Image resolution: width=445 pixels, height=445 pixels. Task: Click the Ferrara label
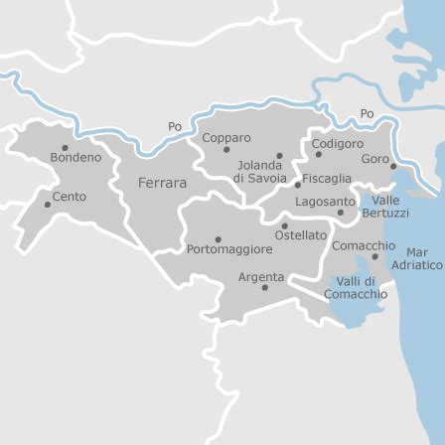[x=161, y=184]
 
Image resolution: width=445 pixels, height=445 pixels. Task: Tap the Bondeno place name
[x=75, y=157]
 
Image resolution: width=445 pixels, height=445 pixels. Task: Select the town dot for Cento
[x=48, y=204]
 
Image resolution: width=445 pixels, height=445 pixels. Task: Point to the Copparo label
[x=226, y=138]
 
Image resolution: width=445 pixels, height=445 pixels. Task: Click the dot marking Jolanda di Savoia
[x=279, y=155]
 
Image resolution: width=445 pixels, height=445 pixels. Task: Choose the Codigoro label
[x=338, y=142]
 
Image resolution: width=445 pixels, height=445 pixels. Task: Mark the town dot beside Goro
[x=393, y=166]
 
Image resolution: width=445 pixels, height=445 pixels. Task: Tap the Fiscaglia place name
[x=327, y=179]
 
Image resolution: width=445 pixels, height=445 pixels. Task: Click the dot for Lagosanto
[x=341, y=212]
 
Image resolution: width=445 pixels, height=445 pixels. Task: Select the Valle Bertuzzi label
[x=384, y=207]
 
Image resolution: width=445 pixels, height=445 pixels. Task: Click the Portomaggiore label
[x=229, y=248]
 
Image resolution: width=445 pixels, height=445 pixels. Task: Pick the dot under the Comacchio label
[x=374, y=256]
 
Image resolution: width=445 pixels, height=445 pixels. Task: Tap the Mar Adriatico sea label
[x=417, y=258]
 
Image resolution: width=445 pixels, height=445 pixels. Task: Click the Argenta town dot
[x=264, y=288]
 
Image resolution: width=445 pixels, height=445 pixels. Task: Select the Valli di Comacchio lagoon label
[x=356, y=288]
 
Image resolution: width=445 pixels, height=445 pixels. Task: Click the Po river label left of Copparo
[x=176, y=126]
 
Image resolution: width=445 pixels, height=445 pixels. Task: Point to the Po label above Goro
[x=368, y=114]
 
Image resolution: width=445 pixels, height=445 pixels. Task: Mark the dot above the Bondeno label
[x=66, y=147]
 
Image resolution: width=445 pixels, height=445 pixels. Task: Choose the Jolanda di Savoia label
[x=261, y=171]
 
